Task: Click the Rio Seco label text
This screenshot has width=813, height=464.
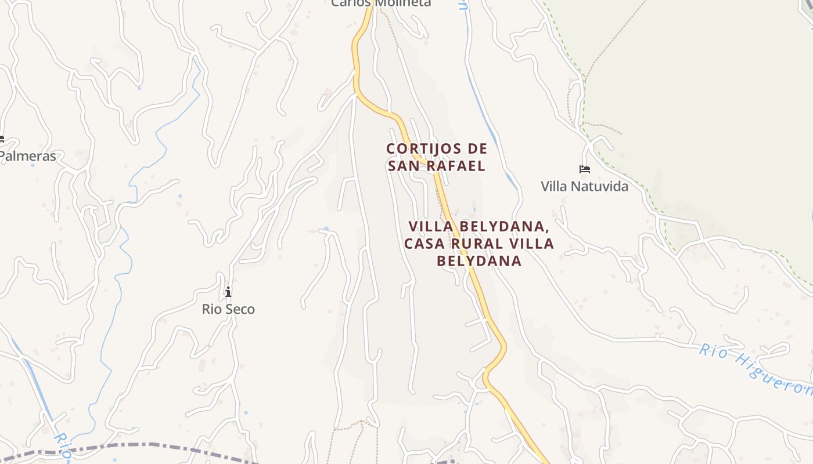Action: pos(228,309)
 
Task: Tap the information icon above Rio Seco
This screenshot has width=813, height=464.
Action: pos(228,291)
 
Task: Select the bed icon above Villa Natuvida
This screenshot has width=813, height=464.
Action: pos(585,169)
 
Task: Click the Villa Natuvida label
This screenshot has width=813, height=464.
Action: pos(584,186)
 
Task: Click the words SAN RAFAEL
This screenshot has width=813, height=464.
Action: pos(437,166)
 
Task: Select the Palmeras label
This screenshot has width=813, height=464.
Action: pos(28,156)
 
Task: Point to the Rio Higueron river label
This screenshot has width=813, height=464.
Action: pos(755,369)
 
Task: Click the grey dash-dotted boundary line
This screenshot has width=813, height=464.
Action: pos(145,445)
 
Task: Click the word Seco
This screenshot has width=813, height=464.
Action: pos(240,309)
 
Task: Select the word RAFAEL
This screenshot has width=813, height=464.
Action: pos(458,166)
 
